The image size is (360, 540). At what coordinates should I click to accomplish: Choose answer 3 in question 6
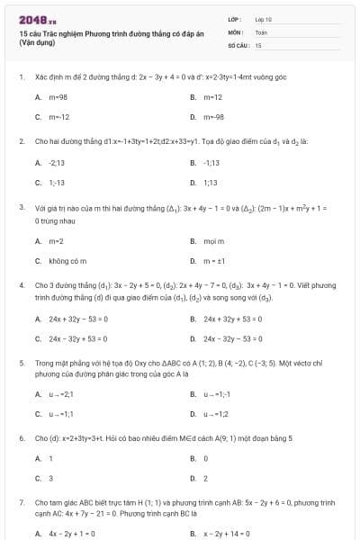pyautogui.click(x=50, y=479)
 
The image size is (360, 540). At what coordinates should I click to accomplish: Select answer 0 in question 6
pyautogui.click(x=206, y=459)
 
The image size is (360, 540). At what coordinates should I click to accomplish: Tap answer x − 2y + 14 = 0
pyautogui.click(x=230, y=534)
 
